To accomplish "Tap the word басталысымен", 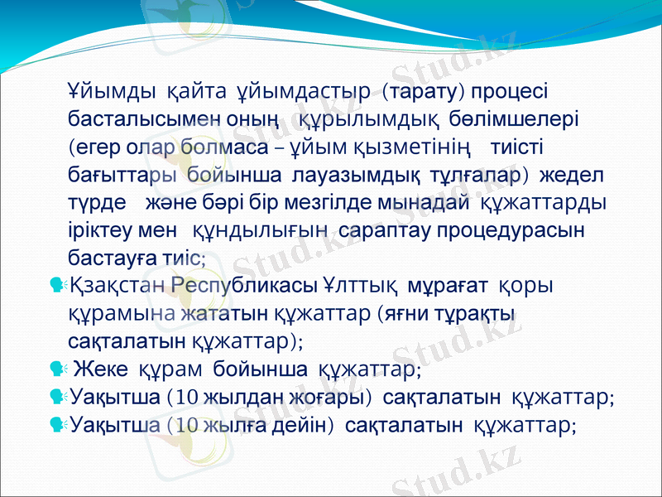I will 143,118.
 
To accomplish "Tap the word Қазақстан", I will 119,286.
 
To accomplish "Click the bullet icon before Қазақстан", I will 57,286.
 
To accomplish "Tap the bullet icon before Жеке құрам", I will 57,367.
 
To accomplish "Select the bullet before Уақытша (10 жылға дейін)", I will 57,425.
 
